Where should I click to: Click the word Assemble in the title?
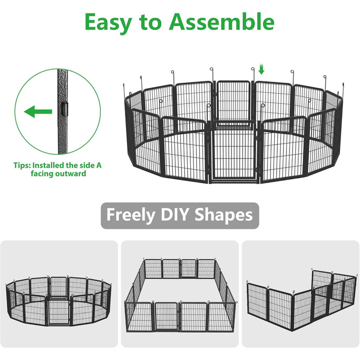point(222,22)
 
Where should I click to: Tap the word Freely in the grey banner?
point(131,215)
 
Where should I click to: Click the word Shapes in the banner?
point(224,215)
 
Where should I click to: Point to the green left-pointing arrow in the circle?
point(38,112)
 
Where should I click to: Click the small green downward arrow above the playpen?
point(261,69)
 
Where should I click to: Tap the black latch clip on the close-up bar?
point(65,109)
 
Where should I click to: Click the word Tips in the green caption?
point(22,165)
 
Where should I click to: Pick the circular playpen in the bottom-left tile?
point(59,300)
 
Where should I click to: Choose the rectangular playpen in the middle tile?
point(180,295)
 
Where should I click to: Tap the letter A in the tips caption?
point(99,165)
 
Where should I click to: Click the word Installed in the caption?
point(48,165)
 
